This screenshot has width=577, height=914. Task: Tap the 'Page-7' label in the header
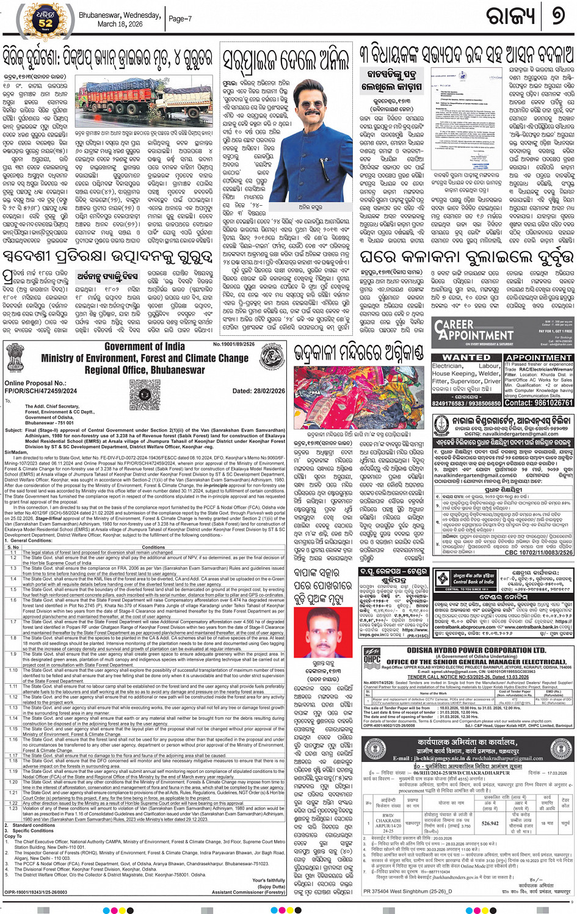pos(180,19)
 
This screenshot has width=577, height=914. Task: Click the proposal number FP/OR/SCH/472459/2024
pos(41,391)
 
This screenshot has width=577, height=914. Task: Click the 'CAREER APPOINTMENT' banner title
pos(473,330)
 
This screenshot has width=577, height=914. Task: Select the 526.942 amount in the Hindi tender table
pos(490,824)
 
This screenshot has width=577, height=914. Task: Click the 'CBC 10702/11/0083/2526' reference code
pos(539,557)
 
